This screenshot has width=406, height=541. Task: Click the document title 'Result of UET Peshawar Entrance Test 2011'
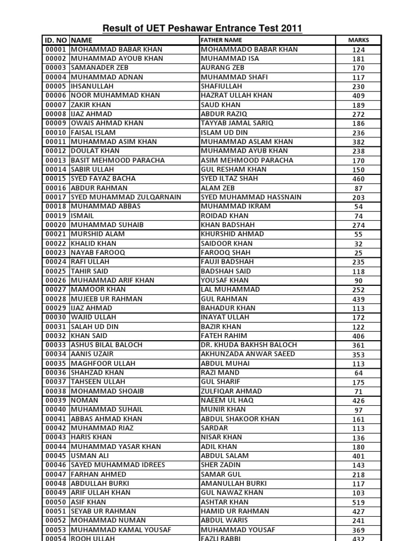pyautogui.click(x=202, y=29)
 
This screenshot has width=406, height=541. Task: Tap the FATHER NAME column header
pyautogui.click(x=222, y=40)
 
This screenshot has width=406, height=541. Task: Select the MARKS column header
pyautogui.click(x=358, y=40)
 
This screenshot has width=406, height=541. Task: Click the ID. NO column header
pyautogui.click(x=56, y=40)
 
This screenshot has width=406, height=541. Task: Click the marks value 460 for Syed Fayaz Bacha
pyautogui.click(x=358, y=179)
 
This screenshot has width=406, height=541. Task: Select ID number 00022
pyautogui.click(x=55, y=244)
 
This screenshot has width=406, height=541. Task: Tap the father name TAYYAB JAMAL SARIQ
pyautogui.click(x=237, y=123)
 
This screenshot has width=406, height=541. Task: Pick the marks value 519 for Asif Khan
pyautogui.click(x=358, y=502)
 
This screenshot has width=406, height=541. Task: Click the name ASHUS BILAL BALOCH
pyautogui.click(x=106, y=345)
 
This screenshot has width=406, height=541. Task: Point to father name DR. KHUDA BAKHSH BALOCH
pyautogui.click(x=249, y=345)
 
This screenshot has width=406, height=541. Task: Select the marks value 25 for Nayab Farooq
pyautogui.click(x=358, y=253)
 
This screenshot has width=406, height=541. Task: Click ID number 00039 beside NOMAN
pyautogui.click(x=55, y=400)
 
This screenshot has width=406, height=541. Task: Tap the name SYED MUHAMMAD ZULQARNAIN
pyautogui.click(x=126, y=197)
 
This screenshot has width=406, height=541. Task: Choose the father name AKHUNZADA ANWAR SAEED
pyautogui.click(x=248, y=354)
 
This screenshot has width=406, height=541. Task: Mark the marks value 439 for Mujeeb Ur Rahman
pyautogui.click(x=358, y=299)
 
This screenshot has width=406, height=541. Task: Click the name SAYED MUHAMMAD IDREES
pyautogui.click(x=118, y=465)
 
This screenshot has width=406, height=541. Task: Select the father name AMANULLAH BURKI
pyautogui.click(x=234, y=483)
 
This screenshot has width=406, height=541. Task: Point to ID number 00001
pyautogui.click(x=55, y=50)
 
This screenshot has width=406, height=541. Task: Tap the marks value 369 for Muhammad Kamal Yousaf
pyautogui.click(x=358, y=530)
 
